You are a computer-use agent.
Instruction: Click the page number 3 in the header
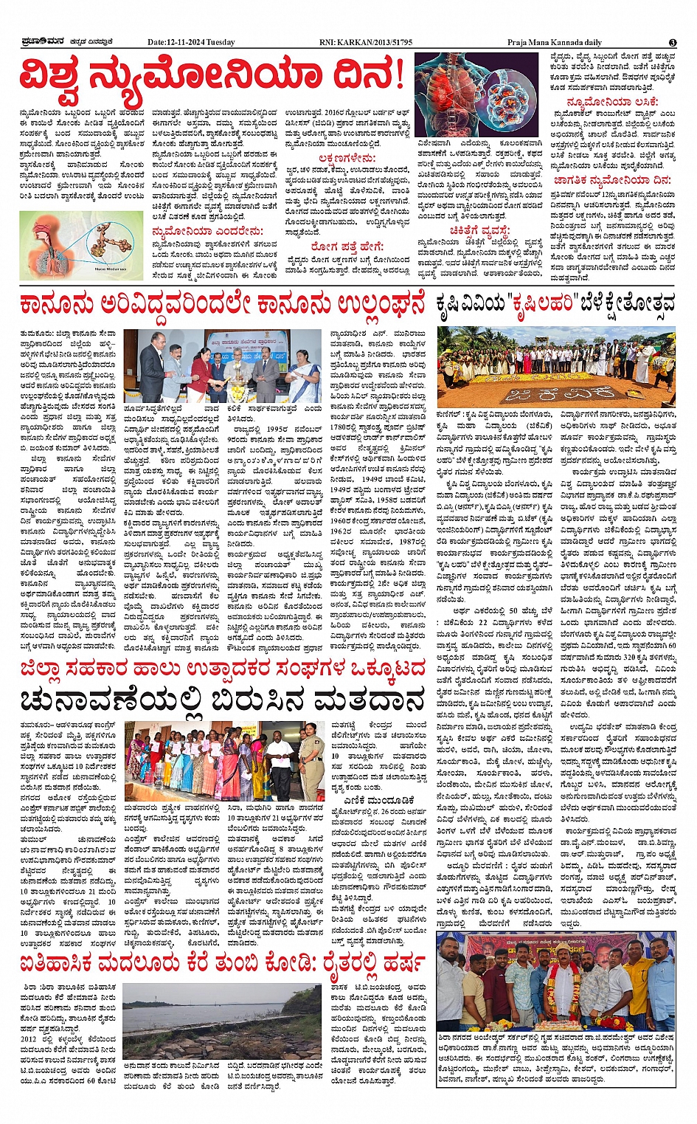(x=672, y=43)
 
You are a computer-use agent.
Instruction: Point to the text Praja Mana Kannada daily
(x=554, y=42)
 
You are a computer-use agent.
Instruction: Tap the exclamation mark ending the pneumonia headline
(x=398, y=74)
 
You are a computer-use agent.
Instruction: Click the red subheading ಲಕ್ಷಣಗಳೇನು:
(x=347, y=159)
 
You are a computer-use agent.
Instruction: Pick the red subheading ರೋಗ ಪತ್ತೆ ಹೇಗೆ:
(x=347, y=246)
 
